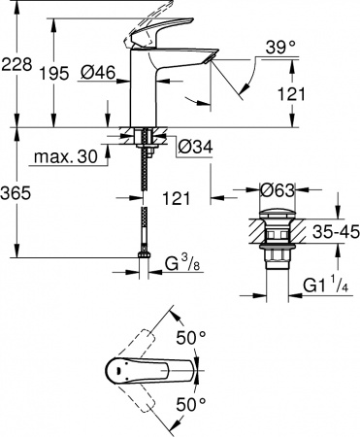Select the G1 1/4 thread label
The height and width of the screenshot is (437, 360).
326,285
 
